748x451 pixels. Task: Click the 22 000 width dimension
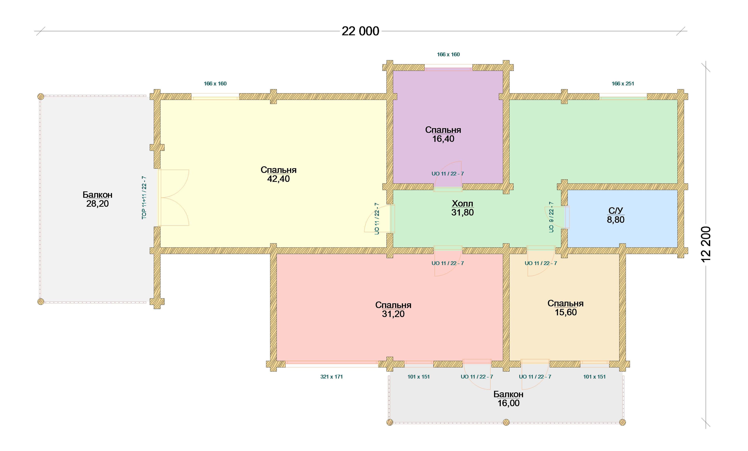point(360,31)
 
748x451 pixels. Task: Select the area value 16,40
point(443,139)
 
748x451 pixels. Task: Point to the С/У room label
point(616,211)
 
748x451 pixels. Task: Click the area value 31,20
point(393,314)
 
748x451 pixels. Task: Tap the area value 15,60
point(565,312)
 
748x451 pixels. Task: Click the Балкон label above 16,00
point(508,394)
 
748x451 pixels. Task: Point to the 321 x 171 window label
point(332,377)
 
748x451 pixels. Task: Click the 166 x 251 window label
point(623,84)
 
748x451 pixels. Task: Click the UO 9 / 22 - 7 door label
point(551,217)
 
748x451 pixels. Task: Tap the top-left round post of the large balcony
point(41,97)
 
